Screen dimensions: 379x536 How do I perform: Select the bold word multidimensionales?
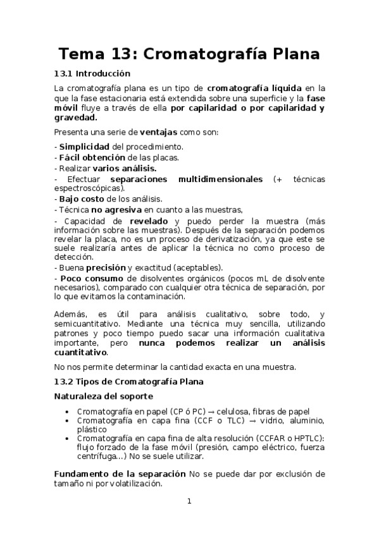point(220,179)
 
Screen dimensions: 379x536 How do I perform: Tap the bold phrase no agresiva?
point(115,209)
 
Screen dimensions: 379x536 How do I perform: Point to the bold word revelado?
point(149,221)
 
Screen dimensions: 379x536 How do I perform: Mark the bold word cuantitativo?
point(80,352)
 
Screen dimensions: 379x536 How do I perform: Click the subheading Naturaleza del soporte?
point(103,396)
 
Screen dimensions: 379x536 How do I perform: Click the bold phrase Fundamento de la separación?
point(120,473)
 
